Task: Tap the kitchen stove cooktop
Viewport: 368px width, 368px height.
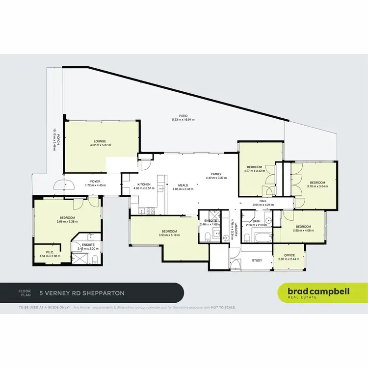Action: (151, 211)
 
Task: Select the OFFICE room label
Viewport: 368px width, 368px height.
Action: (289, 255)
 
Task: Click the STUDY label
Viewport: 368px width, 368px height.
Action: (257, 261)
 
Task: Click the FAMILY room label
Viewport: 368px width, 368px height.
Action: (216, 174)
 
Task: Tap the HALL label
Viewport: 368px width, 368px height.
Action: (263, 201)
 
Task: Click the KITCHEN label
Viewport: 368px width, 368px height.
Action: (144, 184)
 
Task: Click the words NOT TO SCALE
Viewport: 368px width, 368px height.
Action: (223, 308)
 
